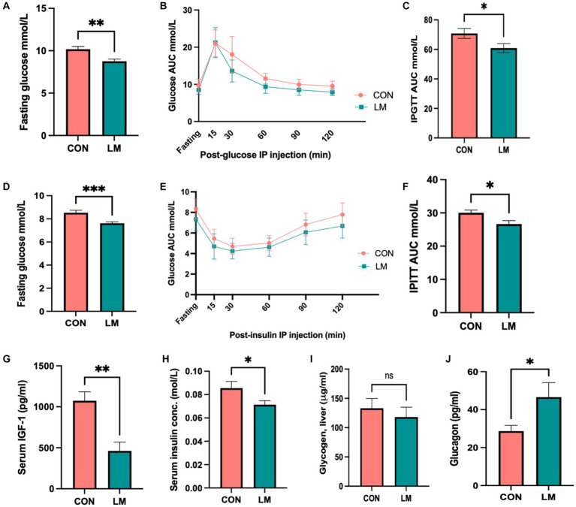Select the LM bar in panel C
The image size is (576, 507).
[x=507, y=93]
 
